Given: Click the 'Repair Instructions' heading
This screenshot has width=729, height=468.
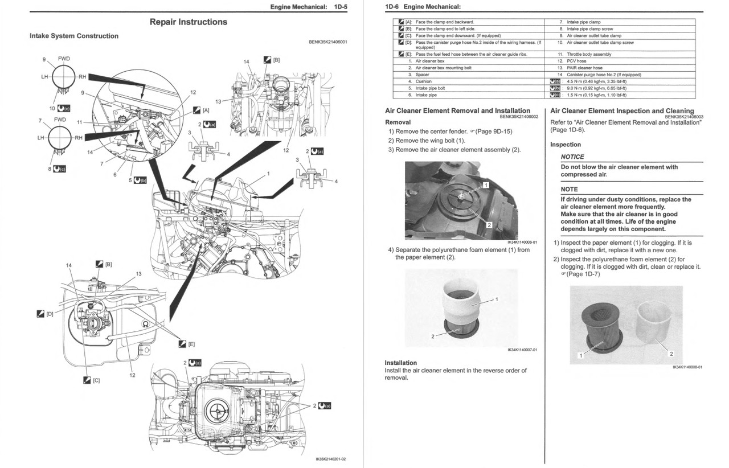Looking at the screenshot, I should coord(188,22).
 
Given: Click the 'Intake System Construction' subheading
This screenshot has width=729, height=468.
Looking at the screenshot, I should coord(74,36).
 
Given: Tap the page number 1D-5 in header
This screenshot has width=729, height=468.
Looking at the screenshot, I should coord(341,7).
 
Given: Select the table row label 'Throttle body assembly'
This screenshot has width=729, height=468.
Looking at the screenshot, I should coord(589,54).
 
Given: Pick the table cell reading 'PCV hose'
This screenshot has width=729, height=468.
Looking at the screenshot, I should coord(576,61).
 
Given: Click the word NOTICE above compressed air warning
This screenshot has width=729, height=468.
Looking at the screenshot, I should coord(572,157).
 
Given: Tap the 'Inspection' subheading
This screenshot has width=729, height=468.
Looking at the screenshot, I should coord(566,145).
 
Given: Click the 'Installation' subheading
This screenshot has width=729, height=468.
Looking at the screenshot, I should coord(400,363).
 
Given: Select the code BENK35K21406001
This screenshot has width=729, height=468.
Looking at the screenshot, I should coord(327,42).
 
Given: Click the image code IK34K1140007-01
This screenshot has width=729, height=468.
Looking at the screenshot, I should coord(522,350).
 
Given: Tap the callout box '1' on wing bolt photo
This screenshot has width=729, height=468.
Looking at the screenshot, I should coord(486,185).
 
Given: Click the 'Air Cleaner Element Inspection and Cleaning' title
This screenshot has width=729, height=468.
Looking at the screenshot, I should coord(622,111).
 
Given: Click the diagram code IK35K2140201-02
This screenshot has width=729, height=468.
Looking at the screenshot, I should coord(330,459).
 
